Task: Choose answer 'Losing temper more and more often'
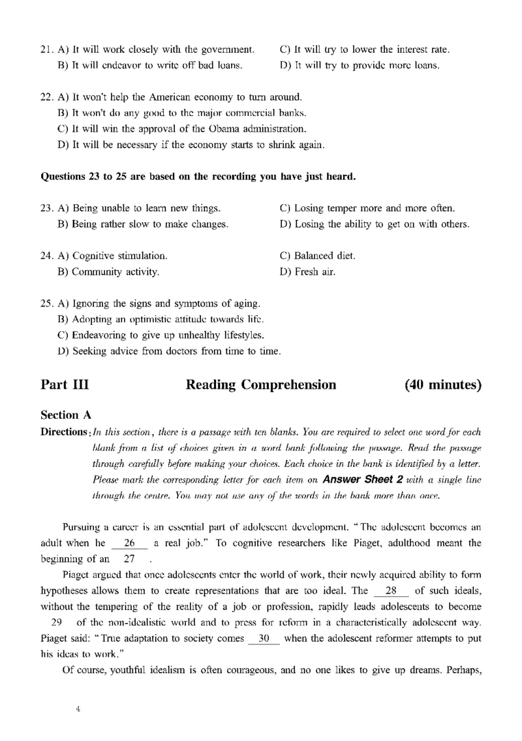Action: [x=367, y=209]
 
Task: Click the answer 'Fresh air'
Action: [x=307, y=271]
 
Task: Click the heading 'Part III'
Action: [x=65, y=385]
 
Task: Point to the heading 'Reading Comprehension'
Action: [x=261, y=385]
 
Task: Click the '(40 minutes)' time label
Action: [x=443, y=385]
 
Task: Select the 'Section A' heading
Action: [x=66, y=415]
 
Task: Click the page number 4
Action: [x=78, y=710]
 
